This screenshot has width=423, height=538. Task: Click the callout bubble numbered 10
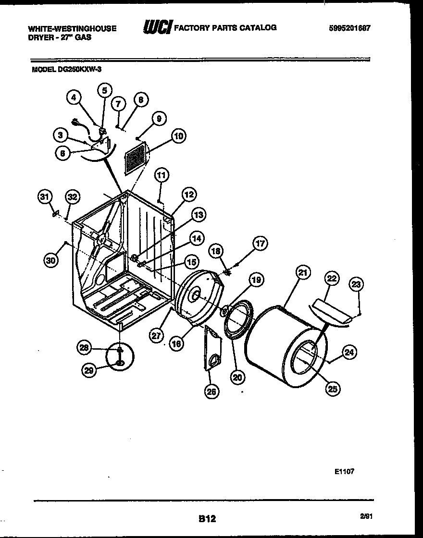tap(178, 136)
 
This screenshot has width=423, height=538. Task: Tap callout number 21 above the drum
tap(302, 273)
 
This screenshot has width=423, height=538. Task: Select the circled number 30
tap(50, 260)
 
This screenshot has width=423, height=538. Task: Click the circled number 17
tap(260, 244)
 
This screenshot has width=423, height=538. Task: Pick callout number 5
tap(105, 90)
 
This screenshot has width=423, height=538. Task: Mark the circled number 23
tap(356, 285)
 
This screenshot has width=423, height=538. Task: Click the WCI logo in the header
tap(157, 28)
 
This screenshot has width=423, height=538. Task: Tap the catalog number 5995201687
tap(350, 28)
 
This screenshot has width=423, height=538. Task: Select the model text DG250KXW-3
tap(67, 69)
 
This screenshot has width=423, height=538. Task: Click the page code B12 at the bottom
tap(207, 518)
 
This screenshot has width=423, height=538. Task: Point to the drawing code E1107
tap(344, 471)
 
